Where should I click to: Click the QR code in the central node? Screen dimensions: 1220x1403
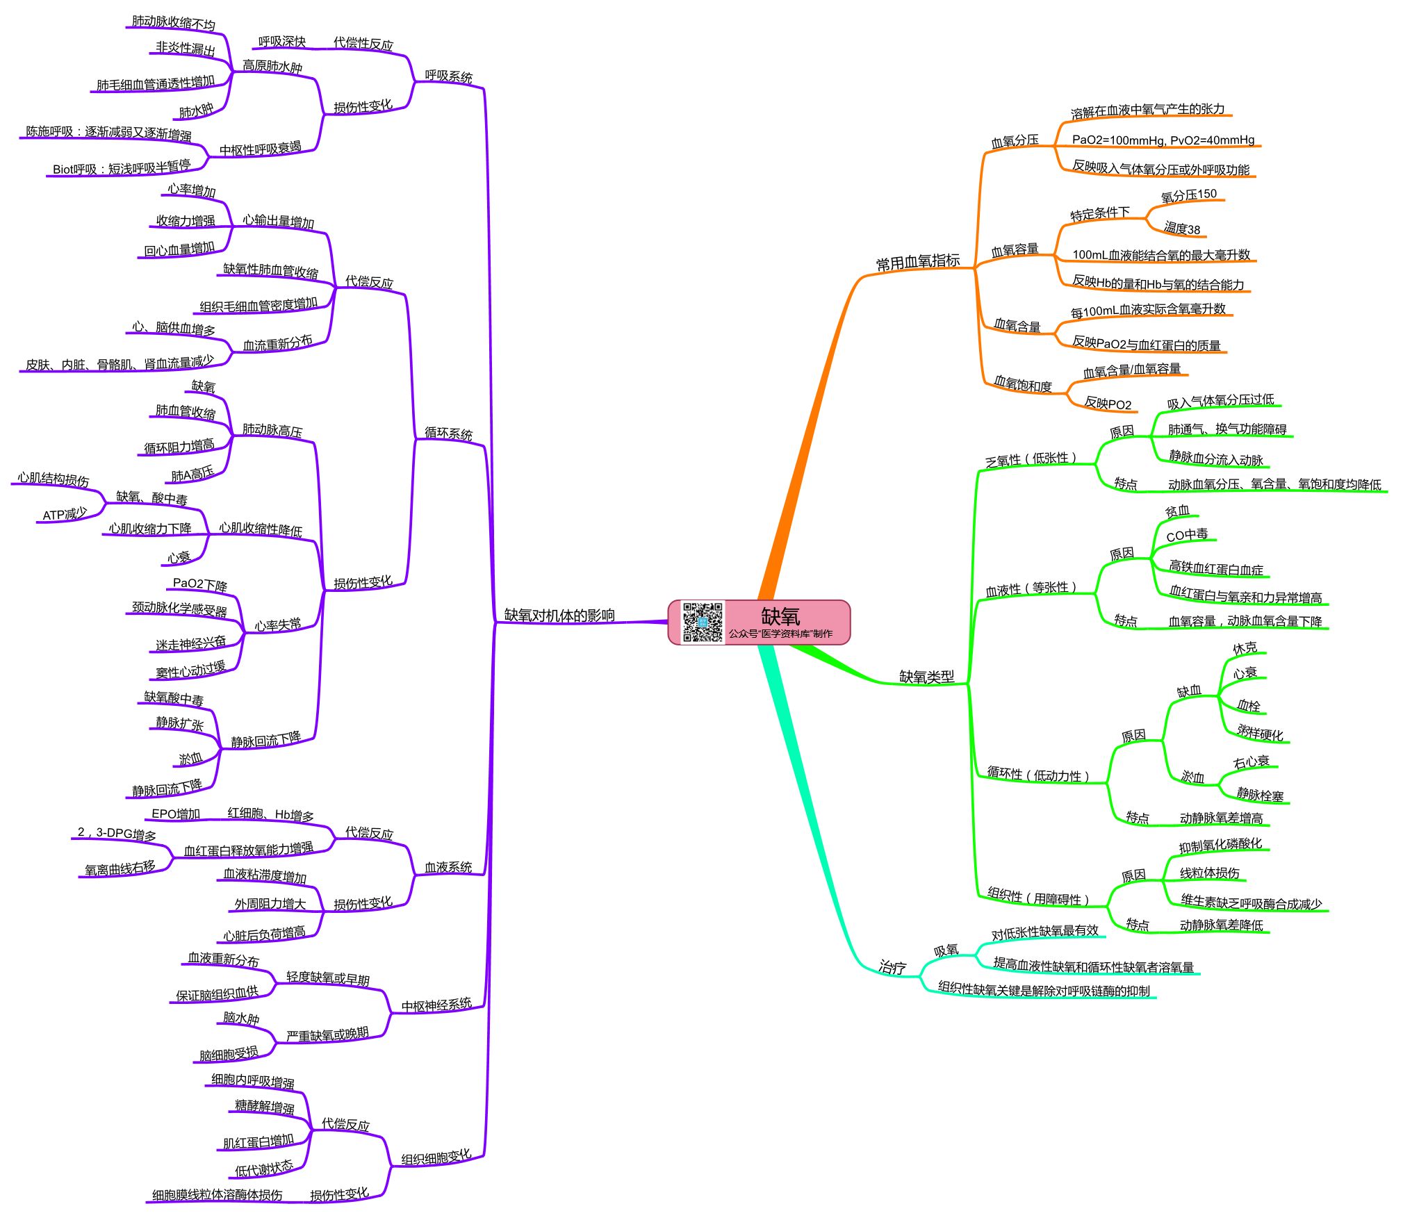click(702, 622)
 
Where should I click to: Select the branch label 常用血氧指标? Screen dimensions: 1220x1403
click(917, 262)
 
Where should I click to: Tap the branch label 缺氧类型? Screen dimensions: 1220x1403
click(926, 676)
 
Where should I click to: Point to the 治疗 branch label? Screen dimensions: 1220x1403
click(892, 966)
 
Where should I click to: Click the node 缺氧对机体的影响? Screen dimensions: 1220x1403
click(559, 615)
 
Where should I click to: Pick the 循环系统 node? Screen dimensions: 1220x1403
click(448, 434)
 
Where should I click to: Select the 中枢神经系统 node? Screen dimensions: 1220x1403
click(436, 1005)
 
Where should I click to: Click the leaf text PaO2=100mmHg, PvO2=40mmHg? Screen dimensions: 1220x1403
click(1163, 140)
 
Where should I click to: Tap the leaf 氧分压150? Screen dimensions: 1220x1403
click(1188, 195)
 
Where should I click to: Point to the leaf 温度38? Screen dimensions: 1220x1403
click(1181, 229)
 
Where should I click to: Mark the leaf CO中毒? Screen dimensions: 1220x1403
click(1186, 535)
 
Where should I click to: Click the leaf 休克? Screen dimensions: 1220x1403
click(1245, 648)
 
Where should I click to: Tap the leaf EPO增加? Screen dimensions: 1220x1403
click(176, 814)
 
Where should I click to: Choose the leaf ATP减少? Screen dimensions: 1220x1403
click(65, 514)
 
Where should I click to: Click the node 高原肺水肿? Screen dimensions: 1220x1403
click(272, 67)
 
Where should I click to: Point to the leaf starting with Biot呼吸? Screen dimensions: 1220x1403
click(121, 167)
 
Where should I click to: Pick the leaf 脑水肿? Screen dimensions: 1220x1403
click(240, 1018)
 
